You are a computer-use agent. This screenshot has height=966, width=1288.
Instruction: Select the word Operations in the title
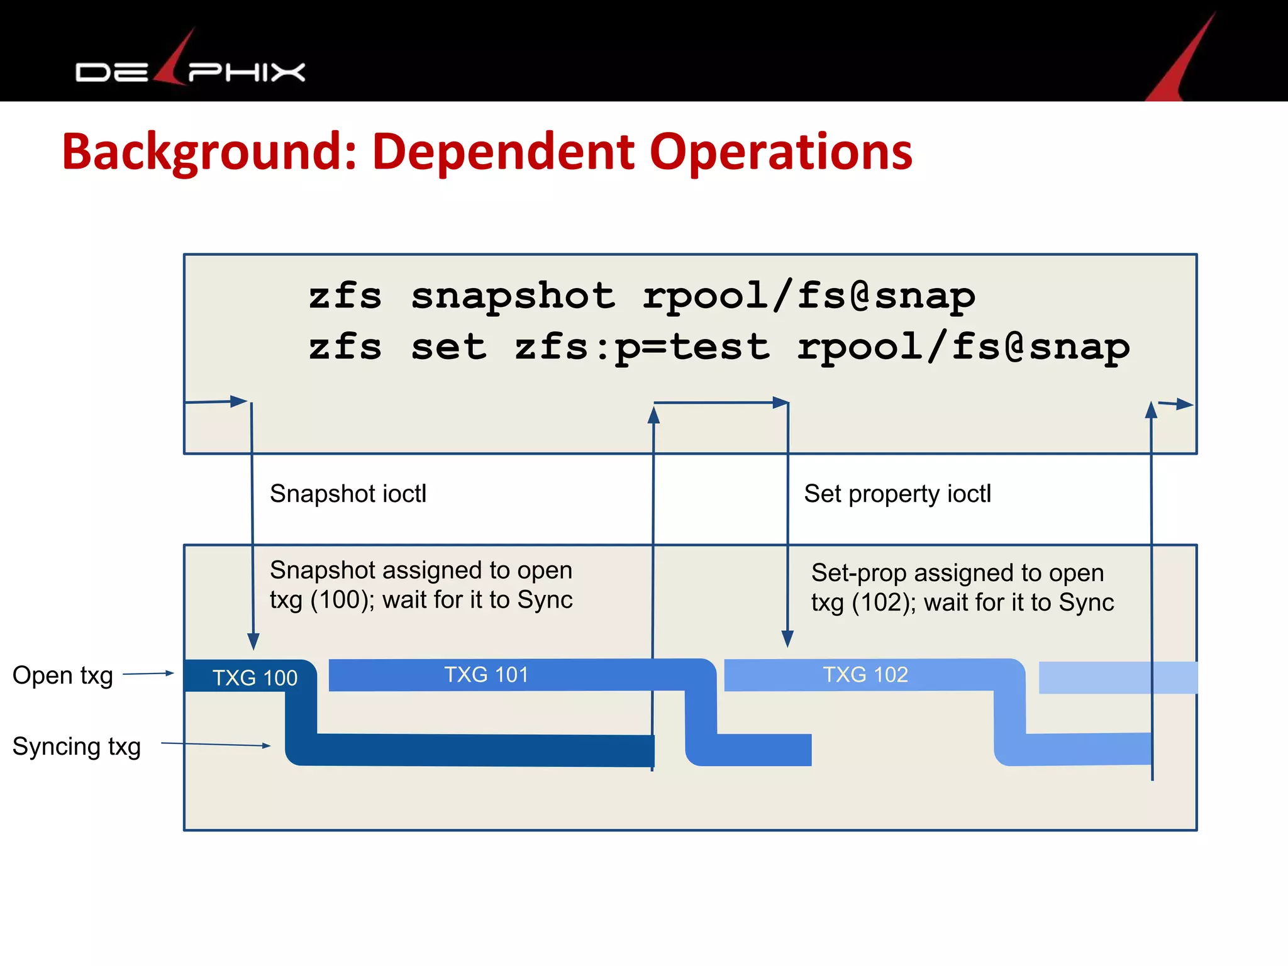(x=780, y=152)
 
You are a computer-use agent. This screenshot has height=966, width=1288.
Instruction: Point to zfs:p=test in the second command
(x=642, y=347)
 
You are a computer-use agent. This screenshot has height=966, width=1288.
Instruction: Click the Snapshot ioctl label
(x=348, y=494)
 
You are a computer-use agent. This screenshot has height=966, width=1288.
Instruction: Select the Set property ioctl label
(x=897, y=494)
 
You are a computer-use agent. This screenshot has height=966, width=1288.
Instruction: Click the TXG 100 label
(x=255, y=677)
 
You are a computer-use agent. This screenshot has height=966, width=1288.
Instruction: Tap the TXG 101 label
(x=486, y=674)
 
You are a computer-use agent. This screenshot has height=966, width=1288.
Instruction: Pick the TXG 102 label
(x=865, y=674)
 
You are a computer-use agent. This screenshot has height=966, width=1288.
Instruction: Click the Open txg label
(x=63, y=675)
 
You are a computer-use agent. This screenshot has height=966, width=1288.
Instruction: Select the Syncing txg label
(x=76, y=747)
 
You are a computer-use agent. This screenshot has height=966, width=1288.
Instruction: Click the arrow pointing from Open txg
(x=148, y=674)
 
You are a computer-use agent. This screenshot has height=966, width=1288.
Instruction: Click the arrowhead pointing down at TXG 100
(x=253, y=642)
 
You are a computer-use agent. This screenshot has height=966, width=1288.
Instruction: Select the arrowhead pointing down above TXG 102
(x=787, y=640)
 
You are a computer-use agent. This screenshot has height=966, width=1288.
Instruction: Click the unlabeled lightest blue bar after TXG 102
(x=1118, y=677)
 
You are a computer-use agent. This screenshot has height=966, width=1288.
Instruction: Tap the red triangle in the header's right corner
(x=1182, y=63)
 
